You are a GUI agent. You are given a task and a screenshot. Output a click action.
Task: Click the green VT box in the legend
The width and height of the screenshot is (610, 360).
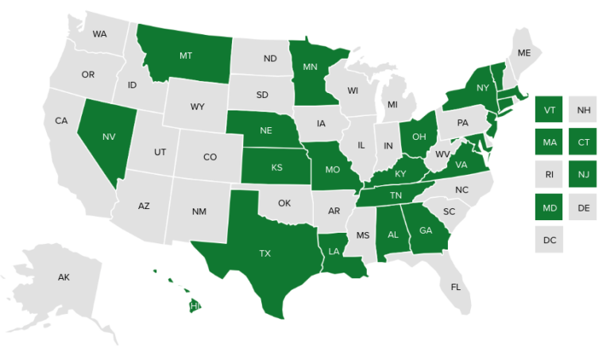[548, 110]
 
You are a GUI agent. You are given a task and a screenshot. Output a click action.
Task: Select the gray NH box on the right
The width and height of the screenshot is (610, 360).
[584, 110]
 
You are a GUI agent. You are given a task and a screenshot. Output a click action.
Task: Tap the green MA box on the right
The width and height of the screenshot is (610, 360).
[548, 142]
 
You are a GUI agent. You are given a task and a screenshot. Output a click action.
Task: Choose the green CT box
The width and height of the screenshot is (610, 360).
[584, 142]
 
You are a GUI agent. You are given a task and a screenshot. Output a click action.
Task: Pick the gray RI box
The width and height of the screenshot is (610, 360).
[548, 175]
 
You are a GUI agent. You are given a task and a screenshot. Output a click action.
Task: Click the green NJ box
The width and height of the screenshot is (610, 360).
[584, 175]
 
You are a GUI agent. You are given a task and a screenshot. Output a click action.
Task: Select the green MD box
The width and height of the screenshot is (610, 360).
[548, 207]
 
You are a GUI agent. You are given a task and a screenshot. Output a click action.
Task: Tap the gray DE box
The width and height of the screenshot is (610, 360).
[584, 207]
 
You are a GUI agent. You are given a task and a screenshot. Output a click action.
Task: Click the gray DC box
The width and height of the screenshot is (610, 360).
[548, 239]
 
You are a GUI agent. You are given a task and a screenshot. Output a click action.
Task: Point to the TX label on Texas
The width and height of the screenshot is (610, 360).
[264, 254]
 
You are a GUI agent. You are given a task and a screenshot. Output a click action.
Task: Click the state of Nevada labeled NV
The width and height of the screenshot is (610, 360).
[109, 137]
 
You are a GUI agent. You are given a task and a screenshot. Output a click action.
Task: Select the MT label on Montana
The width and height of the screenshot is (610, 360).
[186, 56]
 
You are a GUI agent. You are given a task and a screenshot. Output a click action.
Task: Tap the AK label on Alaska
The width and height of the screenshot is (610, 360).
[64, 277]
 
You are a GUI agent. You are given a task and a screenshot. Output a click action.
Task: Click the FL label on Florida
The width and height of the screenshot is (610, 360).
[455, 286]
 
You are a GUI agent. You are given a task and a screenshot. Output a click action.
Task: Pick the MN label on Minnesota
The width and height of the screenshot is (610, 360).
[311, 68]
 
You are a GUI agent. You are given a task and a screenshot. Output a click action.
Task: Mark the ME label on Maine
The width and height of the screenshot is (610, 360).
[523, 52]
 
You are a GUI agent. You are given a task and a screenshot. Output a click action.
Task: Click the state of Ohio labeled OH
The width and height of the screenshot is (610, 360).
[419, 136]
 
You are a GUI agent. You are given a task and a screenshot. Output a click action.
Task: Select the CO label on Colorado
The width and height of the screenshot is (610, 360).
[210, 157]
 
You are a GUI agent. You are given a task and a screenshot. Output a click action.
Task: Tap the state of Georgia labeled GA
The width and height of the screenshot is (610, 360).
[426, 230]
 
